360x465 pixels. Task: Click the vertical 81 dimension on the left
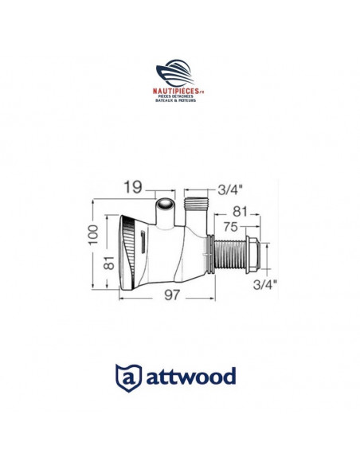(x=108, y=262)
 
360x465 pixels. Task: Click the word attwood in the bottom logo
(x=192, y=375)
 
